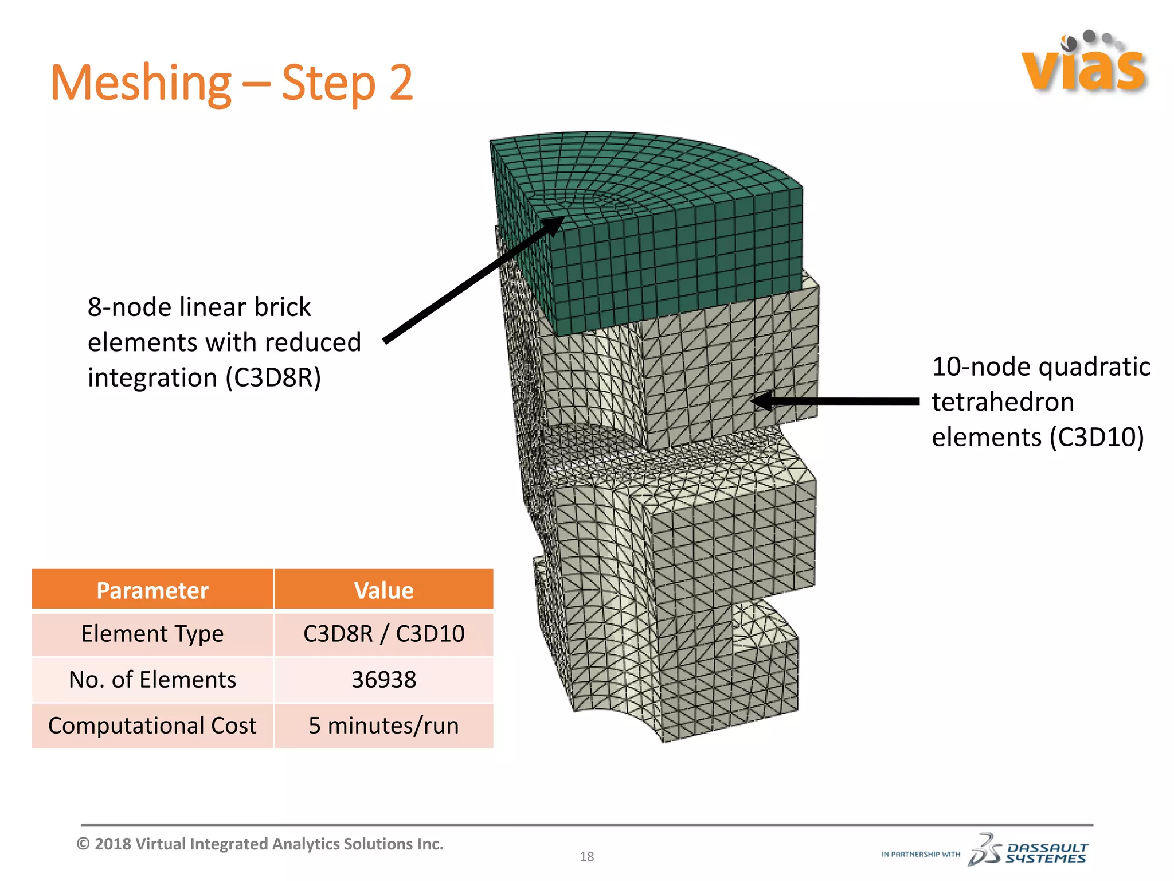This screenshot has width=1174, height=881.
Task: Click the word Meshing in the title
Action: pyautogui.click(x=140, y=84)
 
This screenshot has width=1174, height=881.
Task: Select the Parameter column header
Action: pyautogui.click(x=152, y=590)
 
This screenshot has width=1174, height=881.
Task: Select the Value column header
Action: pyautogui.click(x=383, y=590)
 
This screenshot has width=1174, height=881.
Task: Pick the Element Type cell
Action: pyautogui.click(x=152, y=634)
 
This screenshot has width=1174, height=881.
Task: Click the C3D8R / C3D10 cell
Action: pyautogui.click(x=383, y=634)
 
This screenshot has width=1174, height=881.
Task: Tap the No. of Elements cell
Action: pyautogui.click(x=152, y=680)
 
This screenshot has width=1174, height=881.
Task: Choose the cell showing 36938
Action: pyautogui.click(x=383, y=680)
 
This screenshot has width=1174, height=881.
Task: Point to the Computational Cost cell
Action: pyautogui.click(x=152, y=726)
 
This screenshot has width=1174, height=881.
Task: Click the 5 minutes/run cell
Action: pyautogui.click(x=383, y=726)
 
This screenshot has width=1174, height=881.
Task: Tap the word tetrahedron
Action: pyautogui.click(x=1003, y=402)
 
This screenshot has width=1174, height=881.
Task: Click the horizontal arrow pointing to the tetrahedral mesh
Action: pyautogui.click(x=837, y=401)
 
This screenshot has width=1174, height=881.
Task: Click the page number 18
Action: pyautogui.click(x=586, y=857)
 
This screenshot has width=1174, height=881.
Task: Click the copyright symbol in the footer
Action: pyautogui.click(x=84, y=844)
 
